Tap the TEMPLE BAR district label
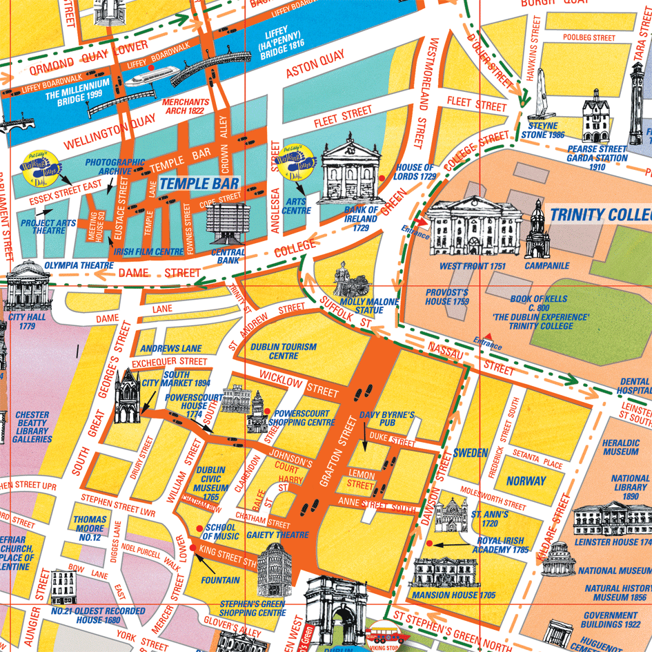(199, 184)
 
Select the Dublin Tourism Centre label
(284, 351)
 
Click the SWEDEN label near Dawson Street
(471, 453)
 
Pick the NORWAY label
(526, 481)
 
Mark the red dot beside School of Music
(199, 528)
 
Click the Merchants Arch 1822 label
(185, 106)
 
